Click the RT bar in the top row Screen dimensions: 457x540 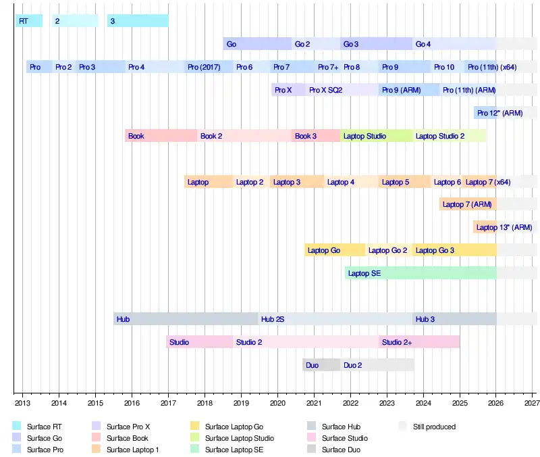coord(28,21)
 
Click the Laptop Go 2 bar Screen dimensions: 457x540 coord(388,250)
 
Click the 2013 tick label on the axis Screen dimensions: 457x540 coord(22,402)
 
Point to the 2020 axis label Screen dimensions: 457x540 coord(277,402)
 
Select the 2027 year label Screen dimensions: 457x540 coord(531,402)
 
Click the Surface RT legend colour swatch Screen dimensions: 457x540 coord(18,427)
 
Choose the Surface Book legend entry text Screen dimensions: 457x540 coord(127,438)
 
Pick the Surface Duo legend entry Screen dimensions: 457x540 coord(341,450)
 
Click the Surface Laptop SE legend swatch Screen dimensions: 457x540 coord(196,450)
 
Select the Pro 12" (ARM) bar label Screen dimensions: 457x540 coord(500,113)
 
